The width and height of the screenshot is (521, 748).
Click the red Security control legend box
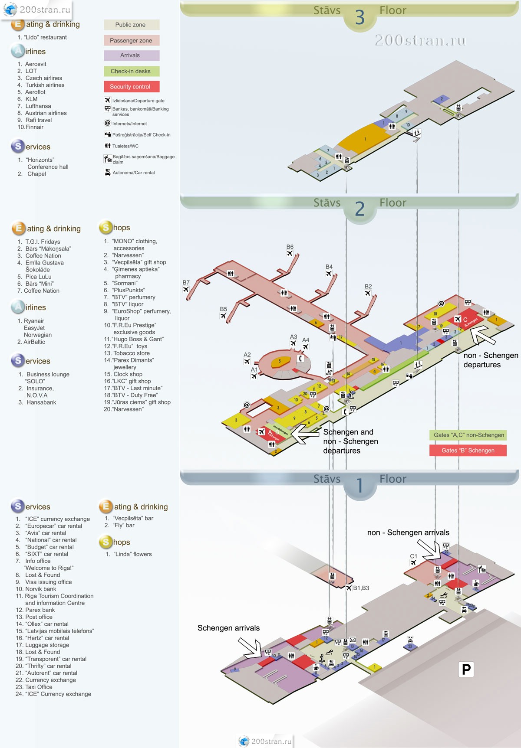click(132, 87)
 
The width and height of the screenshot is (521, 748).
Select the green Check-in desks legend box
click(132, 71)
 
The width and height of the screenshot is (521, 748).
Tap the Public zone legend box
click(132, 25)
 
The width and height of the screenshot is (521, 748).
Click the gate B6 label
click(290, 247)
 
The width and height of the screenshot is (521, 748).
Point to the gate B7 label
click(186, 282)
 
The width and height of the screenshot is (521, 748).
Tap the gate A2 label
click(247, 355)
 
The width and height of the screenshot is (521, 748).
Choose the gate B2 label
click(368, 287)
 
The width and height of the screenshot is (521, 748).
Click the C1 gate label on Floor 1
click(413, 556)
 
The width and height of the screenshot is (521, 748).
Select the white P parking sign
click(466, 669)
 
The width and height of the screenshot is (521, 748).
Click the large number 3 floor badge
click(360, 17)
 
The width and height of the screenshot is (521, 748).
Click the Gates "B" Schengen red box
click(468, 451)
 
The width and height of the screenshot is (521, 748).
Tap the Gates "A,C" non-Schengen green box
click(469, 435)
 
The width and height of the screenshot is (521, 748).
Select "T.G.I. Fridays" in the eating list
click(43, 242)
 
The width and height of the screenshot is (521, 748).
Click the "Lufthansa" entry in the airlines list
click(38, 106)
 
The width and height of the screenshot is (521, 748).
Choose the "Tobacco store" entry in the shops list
click(131, 353)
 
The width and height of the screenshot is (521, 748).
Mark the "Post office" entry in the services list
click(39, 617)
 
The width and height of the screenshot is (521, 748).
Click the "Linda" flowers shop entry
click(132, 554)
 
